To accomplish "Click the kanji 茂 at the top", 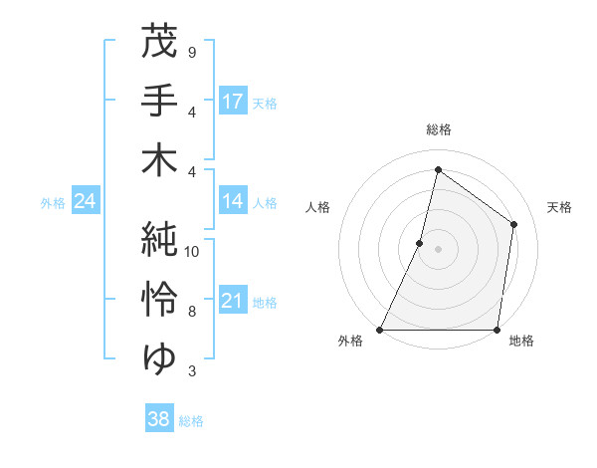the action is click(159, 43).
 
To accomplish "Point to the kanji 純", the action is click(159, 239).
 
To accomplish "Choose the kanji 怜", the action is click(159, 298).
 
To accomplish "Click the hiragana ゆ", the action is click(159, 356).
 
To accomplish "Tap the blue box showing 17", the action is click(233, 101).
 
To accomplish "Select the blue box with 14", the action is click(233, 202).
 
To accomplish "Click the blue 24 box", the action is click(85, 202).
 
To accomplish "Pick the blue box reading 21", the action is click(233, 301).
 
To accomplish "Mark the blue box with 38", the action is click(159, 419).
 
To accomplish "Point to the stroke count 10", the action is click(192, 251).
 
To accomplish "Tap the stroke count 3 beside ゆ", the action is click(191, 371).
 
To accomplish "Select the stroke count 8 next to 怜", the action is click(191, 312).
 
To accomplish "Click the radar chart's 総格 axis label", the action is click(438, 129).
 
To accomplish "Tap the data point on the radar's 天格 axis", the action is click(514, 224).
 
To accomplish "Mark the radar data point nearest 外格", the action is click(380, 330).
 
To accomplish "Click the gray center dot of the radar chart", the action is click(438, 249).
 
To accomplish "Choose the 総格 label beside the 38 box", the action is click(191, 421).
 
